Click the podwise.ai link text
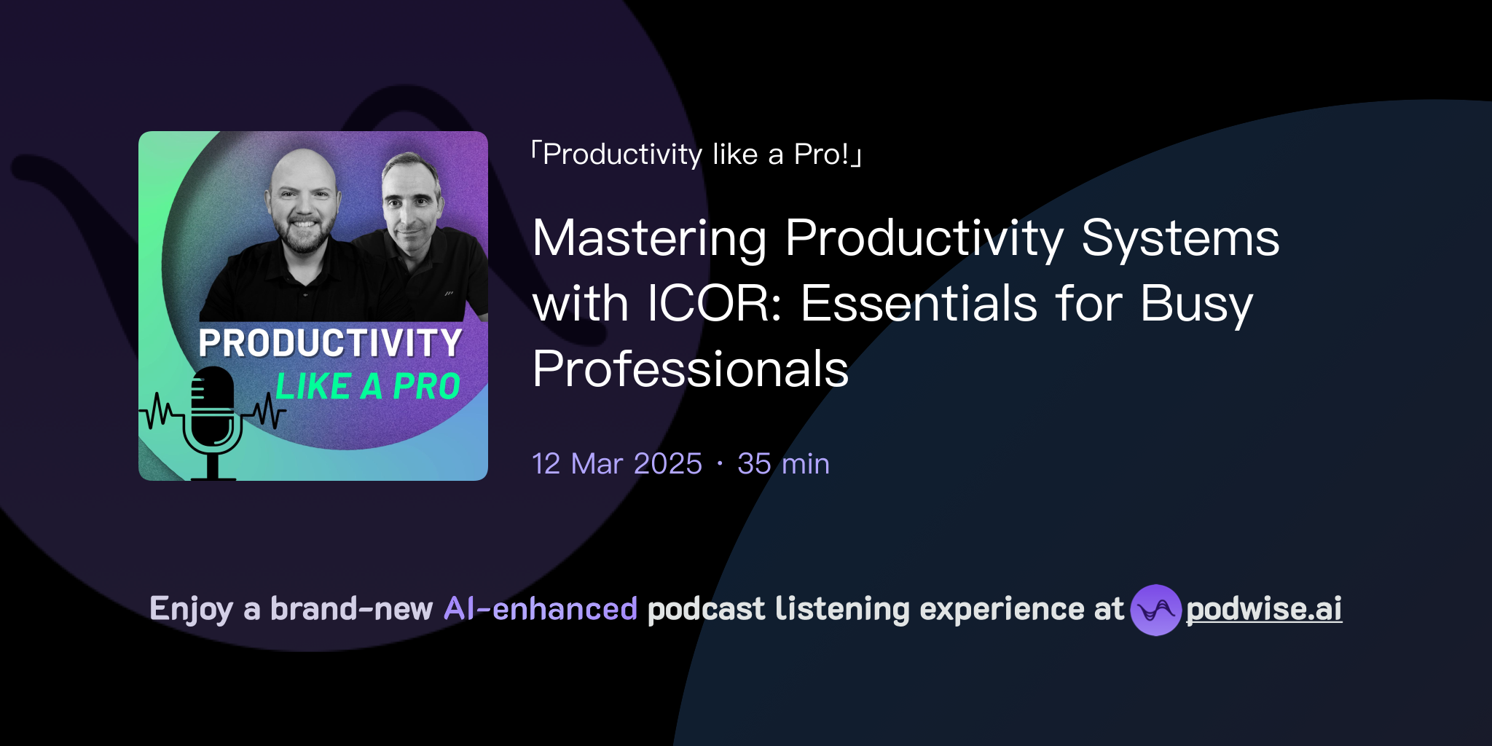(x=1263, y=609)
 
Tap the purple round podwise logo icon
(x=1155, y=610)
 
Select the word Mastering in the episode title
(x=649, y=238)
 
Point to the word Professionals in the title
(x=690, y=369)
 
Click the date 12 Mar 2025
(x=616, y=463)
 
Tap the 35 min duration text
(x=783, y=463)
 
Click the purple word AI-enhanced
(x=541, y=609)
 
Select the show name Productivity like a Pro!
(x=696, y=154)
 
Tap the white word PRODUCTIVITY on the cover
(x=330, y=343)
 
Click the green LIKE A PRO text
(x=368, y=386)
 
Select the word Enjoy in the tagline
(x=191, y=609)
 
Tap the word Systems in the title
(x=1179, y=238)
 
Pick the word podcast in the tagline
(x=706, y=609)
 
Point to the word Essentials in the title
(x=919, y=303)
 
